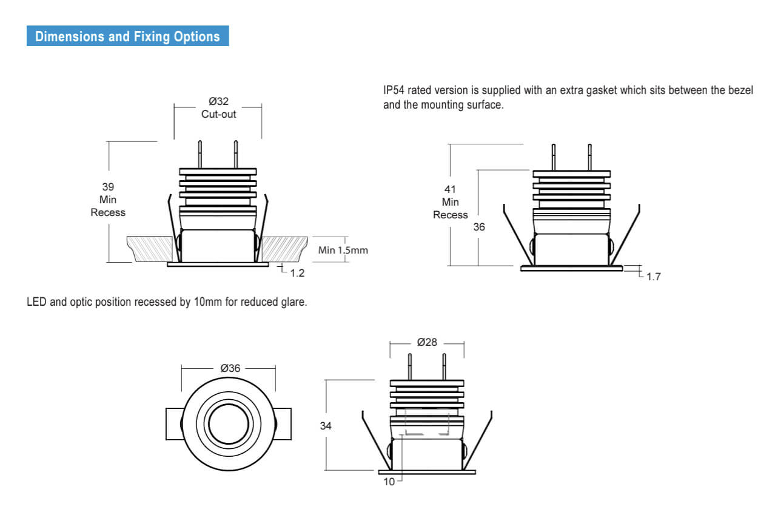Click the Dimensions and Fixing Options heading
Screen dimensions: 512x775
tap(127, 36)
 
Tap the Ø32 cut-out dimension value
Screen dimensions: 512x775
tap(218, 101)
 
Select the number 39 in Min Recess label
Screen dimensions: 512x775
tap(108, 187)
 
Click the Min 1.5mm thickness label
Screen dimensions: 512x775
tap(343, 250)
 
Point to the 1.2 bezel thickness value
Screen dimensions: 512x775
tap(297, 274)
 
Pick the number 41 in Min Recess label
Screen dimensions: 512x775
tap(450, 189)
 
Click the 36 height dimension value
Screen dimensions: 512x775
tap(479, 227)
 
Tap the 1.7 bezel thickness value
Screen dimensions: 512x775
tap(653, 277)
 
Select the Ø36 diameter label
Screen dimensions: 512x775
tap(230, 368)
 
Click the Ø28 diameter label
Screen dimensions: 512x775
tap(427, 342)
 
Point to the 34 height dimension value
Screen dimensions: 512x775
tap(326, 426)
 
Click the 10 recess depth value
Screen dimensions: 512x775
tap(389, 482)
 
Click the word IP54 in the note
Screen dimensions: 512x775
tap(394, 91)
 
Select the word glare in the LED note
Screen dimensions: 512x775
tap(293, 302)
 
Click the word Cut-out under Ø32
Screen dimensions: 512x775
tap(218, 114)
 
